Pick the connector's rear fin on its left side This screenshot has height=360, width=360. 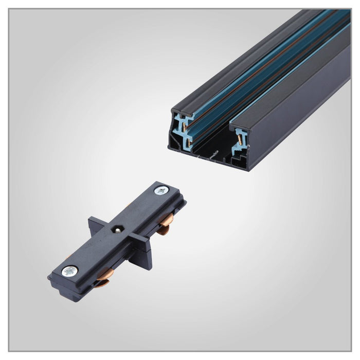96,225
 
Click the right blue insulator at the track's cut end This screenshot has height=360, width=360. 240,141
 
